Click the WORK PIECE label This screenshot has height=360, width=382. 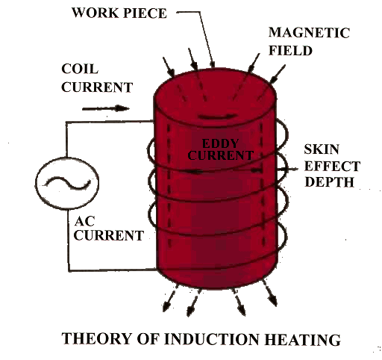click(x=119, y=13)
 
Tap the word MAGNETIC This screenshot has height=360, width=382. click(x=309, y=33)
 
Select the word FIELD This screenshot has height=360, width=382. click(x=290, y=51)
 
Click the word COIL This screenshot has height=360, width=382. click(x=80, y=69)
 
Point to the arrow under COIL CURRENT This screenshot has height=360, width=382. click(x=106, y=108)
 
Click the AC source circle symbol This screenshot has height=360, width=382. click(x=67, y=183)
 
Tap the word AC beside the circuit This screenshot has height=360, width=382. click(x=85, y=221)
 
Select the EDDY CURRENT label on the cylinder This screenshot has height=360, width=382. click(x=220, y=149)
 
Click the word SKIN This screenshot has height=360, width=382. click(x=322, y=149)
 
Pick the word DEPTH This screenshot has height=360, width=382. click(x=329, y=182)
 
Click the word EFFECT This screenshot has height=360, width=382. click(x=332, y=166)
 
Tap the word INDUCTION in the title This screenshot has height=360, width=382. click(x=211, y=339)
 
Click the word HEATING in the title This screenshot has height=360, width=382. click(x=302, y=339)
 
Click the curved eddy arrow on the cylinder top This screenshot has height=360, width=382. click(x=216, y=117)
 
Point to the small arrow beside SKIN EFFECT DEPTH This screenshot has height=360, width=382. click(x=288, y=170)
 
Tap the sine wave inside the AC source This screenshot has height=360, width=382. click(x=66, y=183)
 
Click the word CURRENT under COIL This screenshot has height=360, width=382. click(x=97, y=87)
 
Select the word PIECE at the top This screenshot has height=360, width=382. click(x=145, y=13)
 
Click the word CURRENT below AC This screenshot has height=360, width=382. click(x=109, y=235)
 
